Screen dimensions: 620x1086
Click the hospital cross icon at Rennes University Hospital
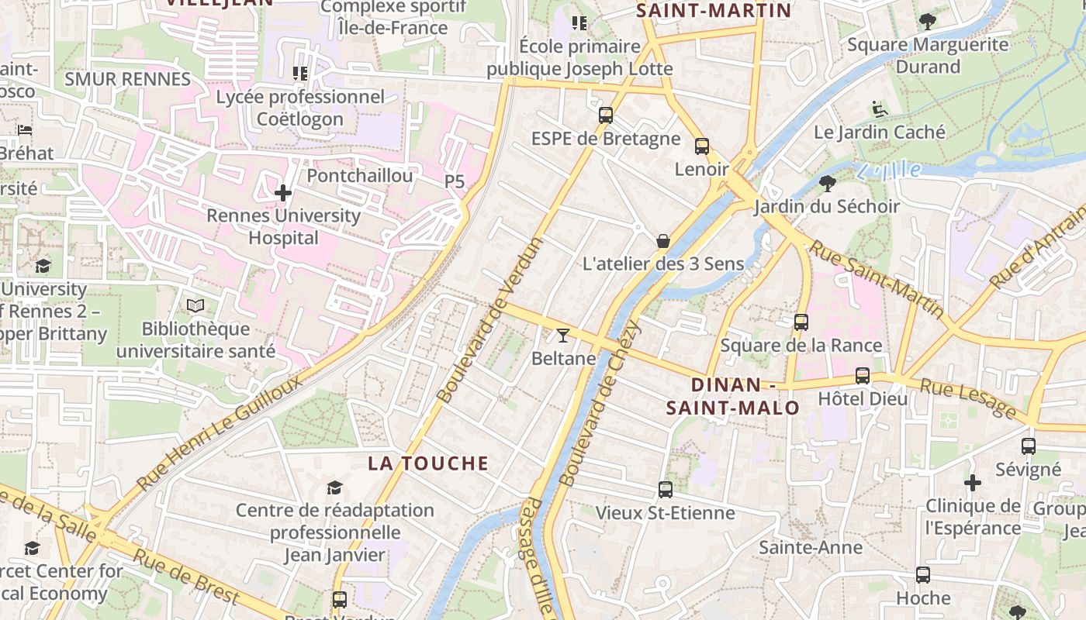283,192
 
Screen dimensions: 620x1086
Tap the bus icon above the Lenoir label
702,146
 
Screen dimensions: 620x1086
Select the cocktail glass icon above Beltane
563,335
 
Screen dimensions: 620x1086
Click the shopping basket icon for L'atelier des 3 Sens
663,241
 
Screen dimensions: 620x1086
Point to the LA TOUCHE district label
428,463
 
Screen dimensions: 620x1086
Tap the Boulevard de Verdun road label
490,321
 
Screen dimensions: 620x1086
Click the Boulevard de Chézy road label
600,403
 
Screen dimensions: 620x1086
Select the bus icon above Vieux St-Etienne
666,489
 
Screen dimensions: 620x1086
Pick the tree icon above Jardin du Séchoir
828,184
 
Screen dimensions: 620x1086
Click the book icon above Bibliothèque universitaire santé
195,306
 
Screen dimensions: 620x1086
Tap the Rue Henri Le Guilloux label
220,432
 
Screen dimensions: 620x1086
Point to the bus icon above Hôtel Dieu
863,376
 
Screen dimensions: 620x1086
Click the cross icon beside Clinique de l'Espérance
973,483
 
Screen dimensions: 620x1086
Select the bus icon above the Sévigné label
1029,446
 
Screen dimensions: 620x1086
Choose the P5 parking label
455,181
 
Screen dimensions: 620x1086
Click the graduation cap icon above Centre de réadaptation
334,487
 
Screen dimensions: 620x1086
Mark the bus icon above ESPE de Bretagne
606,115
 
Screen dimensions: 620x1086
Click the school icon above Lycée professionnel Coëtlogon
300,74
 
